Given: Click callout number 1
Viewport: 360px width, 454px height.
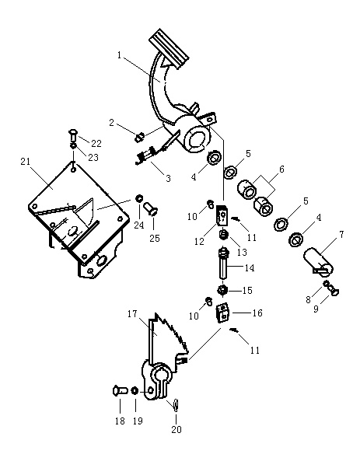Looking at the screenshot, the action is pos(119,55).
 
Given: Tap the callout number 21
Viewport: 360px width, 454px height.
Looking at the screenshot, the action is pos(26,162).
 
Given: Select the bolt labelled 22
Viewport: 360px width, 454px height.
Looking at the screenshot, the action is pos(72,135).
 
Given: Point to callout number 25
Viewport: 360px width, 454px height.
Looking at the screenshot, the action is pos(155,238).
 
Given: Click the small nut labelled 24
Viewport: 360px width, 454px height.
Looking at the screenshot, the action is pos(139,199).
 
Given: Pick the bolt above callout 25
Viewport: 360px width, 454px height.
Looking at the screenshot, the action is pos(151,208).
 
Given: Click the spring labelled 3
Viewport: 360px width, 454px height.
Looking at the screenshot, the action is pos(146,155).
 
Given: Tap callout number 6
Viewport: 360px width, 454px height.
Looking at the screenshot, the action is pos(281,169).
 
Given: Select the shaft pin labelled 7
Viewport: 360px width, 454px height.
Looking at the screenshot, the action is pos(318,261).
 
